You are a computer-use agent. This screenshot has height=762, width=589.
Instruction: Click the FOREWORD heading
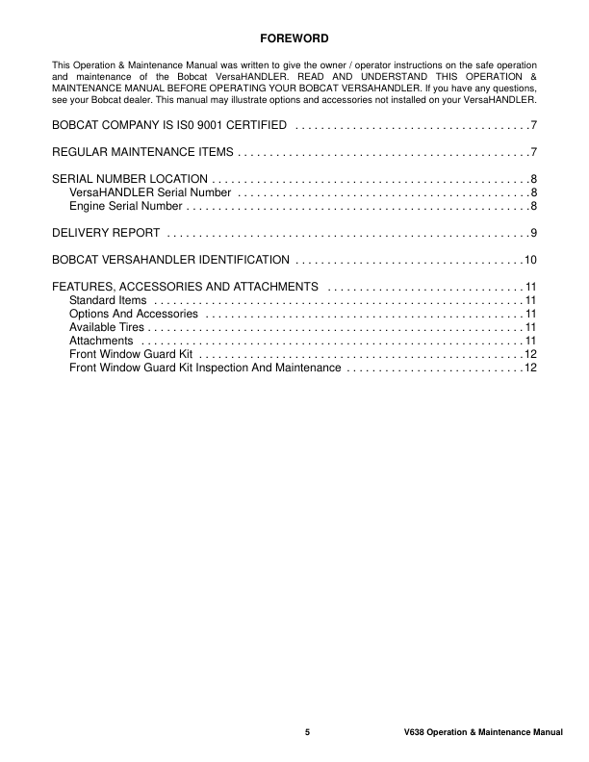pyautogui.click(x=294, y=38)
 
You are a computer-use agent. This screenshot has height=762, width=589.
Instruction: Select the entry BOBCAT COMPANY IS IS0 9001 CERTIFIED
pyautogui.click(x=168, y=126)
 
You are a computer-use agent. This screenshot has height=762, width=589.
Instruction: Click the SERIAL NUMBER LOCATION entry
pyautogui.click(x=129, y=179)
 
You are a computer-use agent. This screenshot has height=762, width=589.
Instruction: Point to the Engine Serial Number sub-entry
pyautogui.click(x=125, y=206)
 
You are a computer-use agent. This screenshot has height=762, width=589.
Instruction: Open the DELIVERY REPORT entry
pyautogui.click(x=105, y=233)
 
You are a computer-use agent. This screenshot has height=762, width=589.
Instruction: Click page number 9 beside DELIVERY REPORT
pyautogui.click(x=533, y=233)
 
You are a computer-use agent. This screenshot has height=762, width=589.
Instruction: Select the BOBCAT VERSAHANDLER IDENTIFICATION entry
pyautogui.click(x=170, y=260)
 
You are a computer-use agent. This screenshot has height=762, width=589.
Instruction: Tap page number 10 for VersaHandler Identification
pyautogui.click(x=530, y=260)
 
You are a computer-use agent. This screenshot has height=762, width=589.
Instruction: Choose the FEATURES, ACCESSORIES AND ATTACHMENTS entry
pyautogui.click(x=185, y=287)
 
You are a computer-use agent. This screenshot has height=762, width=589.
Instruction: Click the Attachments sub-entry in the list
pyautogui.click(x=101, y=341)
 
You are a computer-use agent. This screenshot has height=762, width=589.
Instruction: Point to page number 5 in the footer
pyautogui.click(x=308, y=733)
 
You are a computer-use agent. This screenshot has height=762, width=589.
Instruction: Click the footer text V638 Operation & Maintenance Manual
pyautogui.click(x=483, y=733)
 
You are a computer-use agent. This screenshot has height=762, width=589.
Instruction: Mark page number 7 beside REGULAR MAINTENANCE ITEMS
pyautogui.click(x=533, y=152)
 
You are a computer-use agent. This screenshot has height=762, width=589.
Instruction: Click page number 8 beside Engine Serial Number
pyautogui.click(x=533, y=206)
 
